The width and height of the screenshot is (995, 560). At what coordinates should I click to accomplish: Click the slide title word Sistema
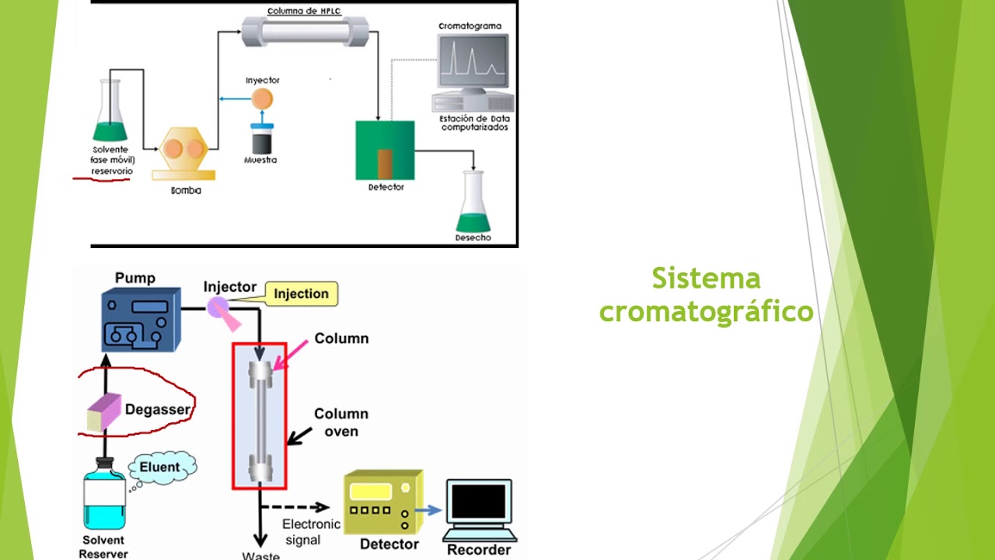tap(706, 278)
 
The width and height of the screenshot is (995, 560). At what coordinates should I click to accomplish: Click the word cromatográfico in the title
tap(706, 311)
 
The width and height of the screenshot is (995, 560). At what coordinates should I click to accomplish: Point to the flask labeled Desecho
tap(473, 204)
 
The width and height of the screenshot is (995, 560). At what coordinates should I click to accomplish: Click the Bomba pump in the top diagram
tap(183, 150)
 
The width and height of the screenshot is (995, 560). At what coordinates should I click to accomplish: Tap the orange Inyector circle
tap(263, 98)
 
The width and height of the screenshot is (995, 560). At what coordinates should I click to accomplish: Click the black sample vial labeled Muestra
tap(260, 141)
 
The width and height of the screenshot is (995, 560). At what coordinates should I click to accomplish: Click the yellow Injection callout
tap(302, 293)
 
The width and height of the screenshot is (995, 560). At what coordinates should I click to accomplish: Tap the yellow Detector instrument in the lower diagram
tap(380, 502)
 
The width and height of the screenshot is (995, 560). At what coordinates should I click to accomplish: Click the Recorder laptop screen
tap(480, 502)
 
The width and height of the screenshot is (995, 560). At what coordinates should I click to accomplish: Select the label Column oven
tap(340, 422)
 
